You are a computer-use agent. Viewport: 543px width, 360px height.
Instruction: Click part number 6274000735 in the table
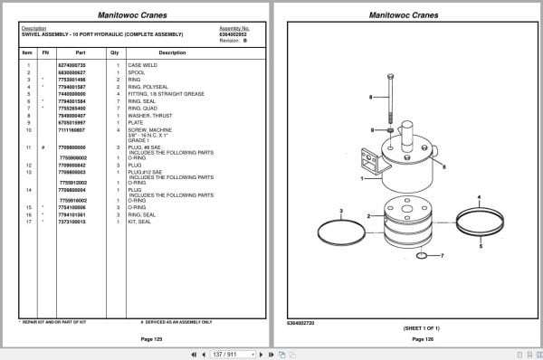coord(71,66)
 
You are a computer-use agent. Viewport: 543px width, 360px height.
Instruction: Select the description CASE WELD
coord(141,66)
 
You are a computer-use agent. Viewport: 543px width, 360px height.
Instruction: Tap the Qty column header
coord(115,52)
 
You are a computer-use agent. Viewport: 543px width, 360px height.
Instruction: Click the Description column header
coord(171,52)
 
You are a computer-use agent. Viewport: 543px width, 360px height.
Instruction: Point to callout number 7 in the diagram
coord(442,257)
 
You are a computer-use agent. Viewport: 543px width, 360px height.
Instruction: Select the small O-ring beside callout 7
coord(422,257)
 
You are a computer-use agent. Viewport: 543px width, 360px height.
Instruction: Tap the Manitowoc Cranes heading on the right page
coord(405,14)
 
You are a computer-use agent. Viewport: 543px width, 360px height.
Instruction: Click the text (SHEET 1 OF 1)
coord(419,328)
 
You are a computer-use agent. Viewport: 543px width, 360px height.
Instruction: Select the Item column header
coord(27,52)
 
